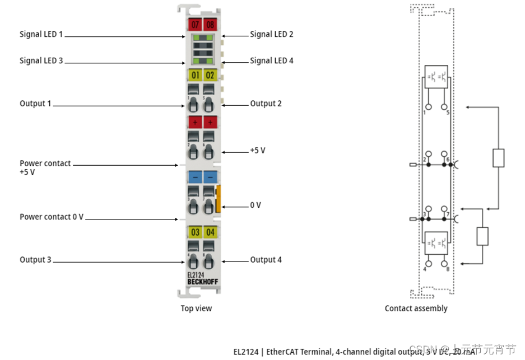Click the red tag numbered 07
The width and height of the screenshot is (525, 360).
point(195,25)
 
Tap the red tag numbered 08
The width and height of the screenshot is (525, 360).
point(210,25)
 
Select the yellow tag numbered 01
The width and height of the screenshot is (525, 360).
point(195,75)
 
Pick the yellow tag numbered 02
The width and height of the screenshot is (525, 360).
point(210,75)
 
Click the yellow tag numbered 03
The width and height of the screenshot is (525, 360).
point(195,232)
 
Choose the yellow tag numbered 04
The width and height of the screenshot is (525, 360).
point(210,232)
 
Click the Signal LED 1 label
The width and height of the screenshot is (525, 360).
point(41,35)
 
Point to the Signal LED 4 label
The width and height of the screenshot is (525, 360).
point(272,60)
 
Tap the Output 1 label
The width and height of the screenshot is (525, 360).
point(35,104)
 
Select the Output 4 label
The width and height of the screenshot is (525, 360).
point(266,260)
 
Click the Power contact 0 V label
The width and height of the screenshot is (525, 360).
point(52,217)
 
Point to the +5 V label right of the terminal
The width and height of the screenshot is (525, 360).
point(258,151)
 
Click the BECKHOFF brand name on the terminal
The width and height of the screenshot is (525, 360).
point(202,281)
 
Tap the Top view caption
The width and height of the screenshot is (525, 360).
point(196,308)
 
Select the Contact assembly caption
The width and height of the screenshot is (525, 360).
point(416,308)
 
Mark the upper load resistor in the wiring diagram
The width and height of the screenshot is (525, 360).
point(498,158)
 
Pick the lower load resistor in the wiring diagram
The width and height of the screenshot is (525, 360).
point(482,236)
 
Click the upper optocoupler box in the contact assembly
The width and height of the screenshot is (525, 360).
point(436,77)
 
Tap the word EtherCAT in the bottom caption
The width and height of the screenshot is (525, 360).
point(285,352)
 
